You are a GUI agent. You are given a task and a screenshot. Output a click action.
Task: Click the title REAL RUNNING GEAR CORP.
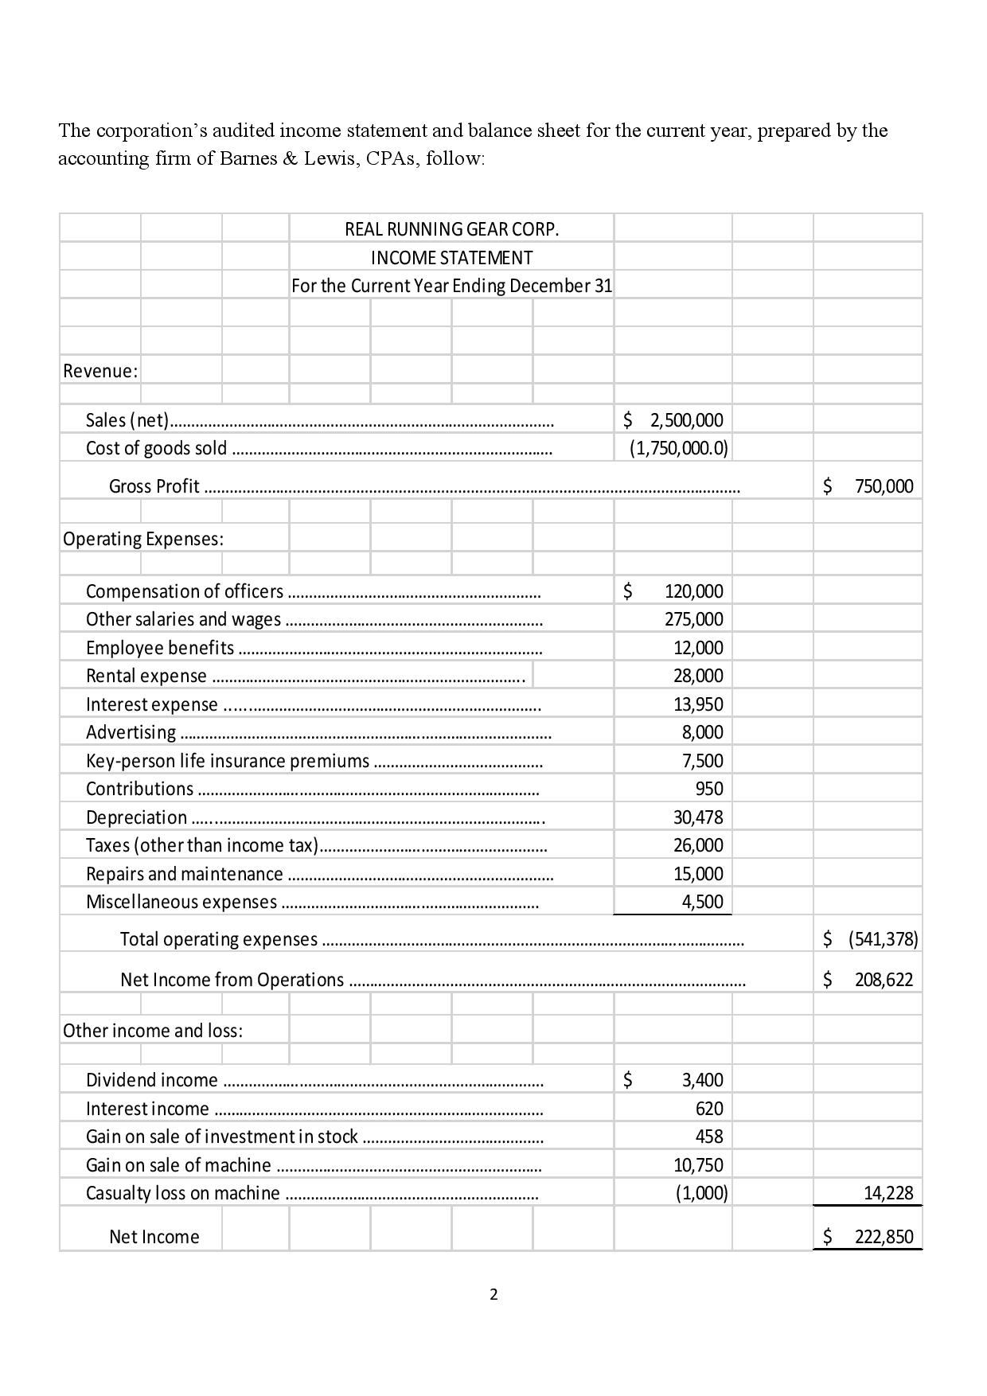(451, 229)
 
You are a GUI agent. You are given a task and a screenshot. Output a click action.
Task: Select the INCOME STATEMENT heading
(451, 258)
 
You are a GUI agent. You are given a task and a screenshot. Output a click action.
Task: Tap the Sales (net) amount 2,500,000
(686, 419)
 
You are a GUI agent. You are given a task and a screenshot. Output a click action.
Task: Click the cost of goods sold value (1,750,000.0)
(678, 448)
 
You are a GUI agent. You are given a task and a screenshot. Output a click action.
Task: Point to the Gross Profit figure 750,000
(884, 486)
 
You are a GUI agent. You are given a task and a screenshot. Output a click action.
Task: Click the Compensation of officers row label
(185, 591)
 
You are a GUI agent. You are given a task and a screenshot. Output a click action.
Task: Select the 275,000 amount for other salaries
(694, 619)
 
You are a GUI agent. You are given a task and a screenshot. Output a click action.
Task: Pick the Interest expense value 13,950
(698, 704)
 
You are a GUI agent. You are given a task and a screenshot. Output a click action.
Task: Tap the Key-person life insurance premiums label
(228, 761)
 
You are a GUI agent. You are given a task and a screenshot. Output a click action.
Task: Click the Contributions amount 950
(708, 789)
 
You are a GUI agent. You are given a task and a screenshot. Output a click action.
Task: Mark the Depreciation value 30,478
(698, 817)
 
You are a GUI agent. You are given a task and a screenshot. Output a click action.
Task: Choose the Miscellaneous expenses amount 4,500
(702, 902)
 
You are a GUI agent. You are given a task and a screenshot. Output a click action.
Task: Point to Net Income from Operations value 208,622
(884, 980)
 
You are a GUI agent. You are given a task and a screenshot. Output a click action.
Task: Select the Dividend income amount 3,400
(702, 1080)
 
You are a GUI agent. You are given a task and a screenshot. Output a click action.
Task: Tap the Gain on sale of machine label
(178, 1165)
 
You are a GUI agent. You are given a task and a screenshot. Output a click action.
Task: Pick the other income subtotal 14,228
(888, 1193)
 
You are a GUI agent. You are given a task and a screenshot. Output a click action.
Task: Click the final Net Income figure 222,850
(884, 1237)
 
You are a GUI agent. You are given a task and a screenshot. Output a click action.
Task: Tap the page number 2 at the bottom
(494, 1295)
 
